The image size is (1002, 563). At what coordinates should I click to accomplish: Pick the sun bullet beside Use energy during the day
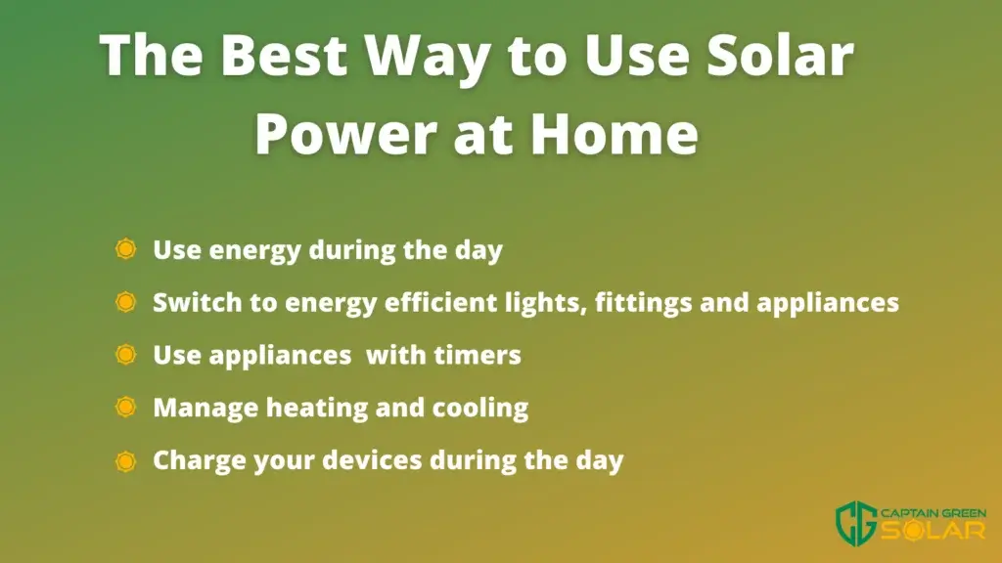point(126,249)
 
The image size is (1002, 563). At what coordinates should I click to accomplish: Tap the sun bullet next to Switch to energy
point(126,302)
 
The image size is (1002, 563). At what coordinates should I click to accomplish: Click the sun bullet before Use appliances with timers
point(126,354)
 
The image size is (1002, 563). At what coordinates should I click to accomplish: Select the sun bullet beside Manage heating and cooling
point(126,408)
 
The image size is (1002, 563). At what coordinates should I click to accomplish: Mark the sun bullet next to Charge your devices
point(126,461)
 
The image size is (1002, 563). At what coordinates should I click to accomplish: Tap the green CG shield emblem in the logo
point(856,523)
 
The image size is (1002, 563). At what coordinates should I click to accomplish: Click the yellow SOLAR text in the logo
point(934,531)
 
